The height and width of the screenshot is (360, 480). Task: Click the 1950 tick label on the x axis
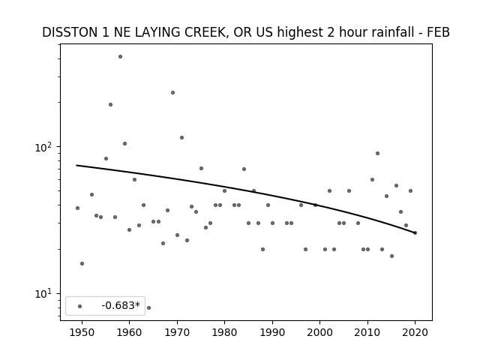[82, 332]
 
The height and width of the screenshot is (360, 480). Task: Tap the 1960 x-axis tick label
[129, 332]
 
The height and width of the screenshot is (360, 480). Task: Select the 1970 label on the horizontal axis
[177, 332]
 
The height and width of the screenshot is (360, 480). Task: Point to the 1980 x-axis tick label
[224, 332]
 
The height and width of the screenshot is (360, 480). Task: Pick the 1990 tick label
[272, 332]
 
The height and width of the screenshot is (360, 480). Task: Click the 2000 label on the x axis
[320, 332]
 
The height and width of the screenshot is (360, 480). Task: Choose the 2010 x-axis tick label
[367, 332]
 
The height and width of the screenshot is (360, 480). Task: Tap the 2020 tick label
[415, 332]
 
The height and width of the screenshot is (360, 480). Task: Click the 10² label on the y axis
[43, 147]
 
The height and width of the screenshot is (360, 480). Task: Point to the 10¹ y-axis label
[43, 294]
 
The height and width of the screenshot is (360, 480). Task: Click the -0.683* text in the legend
[121, 305]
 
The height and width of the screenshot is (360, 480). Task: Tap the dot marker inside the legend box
[80, 306]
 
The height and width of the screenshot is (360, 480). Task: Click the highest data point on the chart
[120, 57]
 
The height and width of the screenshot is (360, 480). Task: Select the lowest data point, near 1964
[148, 307]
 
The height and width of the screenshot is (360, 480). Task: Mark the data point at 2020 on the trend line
[415, 233]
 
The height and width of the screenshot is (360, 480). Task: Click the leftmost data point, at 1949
[77, 208]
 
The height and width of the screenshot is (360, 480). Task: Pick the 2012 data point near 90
[377, 153]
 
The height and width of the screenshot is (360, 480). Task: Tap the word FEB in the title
[438, 32]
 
